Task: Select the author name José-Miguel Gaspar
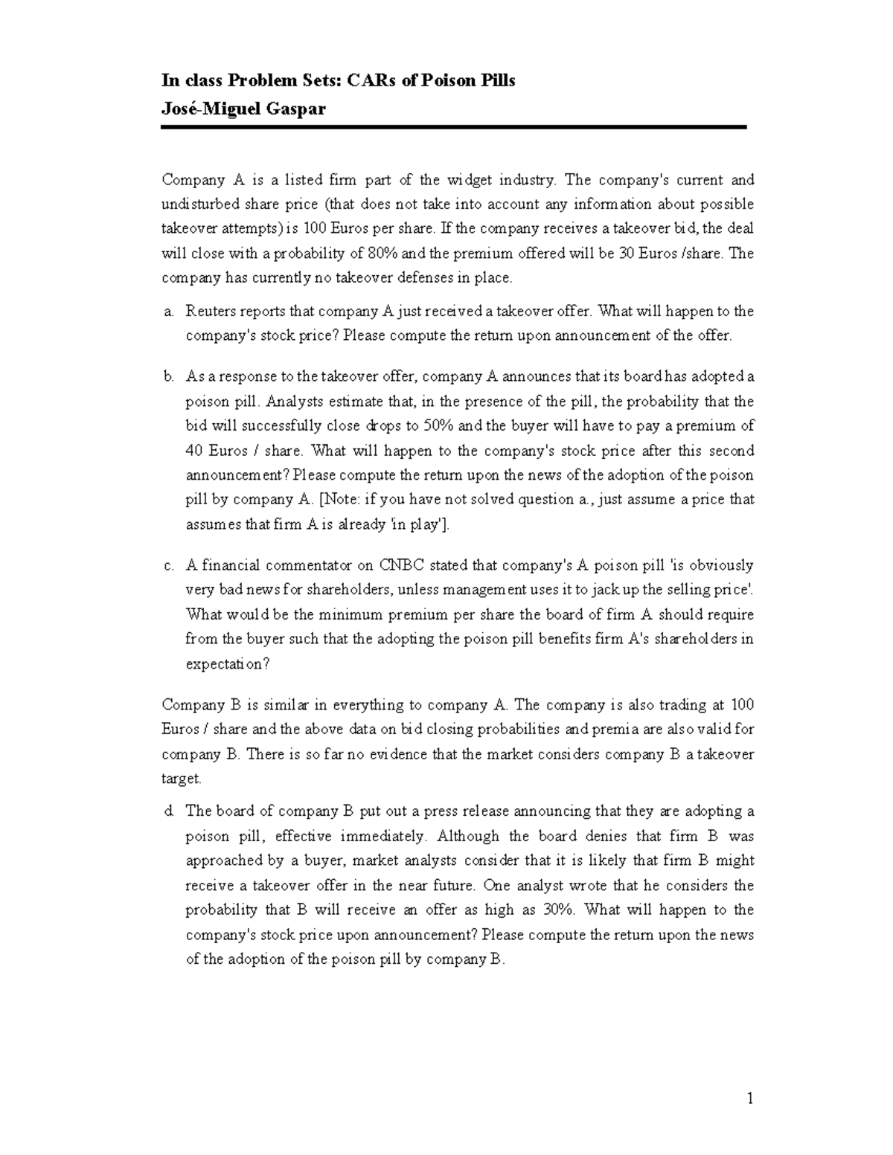pyautogui.click(x=243, y=109)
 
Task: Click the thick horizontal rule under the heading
pyautogui.click(x=453, y=128)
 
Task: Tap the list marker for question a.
pyautogui.click(x=167, y=312)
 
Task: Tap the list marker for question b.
pyautogui.click(x=167, y=377)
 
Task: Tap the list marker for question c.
pyautogui.click(x=167, y=566)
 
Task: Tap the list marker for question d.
pyautogui.click(x=167, y=811)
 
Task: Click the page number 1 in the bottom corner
pyautogui.click(x=750, y=1098)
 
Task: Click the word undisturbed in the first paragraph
pyautogui.click(x=199, y=205)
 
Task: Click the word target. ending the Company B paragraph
pyautogui.click(x=181, y=779)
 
